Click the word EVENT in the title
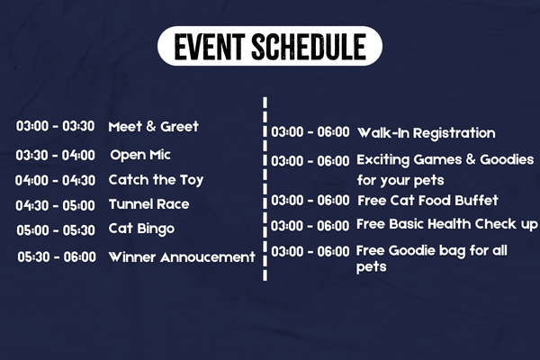coord(210,47)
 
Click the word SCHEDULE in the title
coord(309,47)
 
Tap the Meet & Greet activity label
coord(154,126)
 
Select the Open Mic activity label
coord(140,155)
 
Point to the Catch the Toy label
coord(156,180)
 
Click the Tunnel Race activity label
coord(149,204)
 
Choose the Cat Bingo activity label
coord(141,229)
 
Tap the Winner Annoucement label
coord(182,257)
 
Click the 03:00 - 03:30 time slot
coord(55,126)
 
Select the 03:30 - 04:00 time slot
coord(56,156)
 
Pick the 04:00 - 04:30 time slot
coord(55,181)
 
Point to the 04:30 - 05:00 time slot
coord(55,206)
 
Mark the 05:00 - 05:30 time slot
coord(56,230)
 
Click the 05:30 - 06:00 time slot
coord(57,257)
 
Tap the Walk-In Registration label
coord(427,133)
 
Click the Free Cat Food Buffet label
coord(427,201)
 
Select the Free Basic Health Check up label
coord(447,224)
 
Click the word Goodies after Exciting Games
coord(507,160)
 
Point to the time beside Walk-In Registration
coord(310,132)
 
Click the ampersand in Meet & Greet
coord(151,126)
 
